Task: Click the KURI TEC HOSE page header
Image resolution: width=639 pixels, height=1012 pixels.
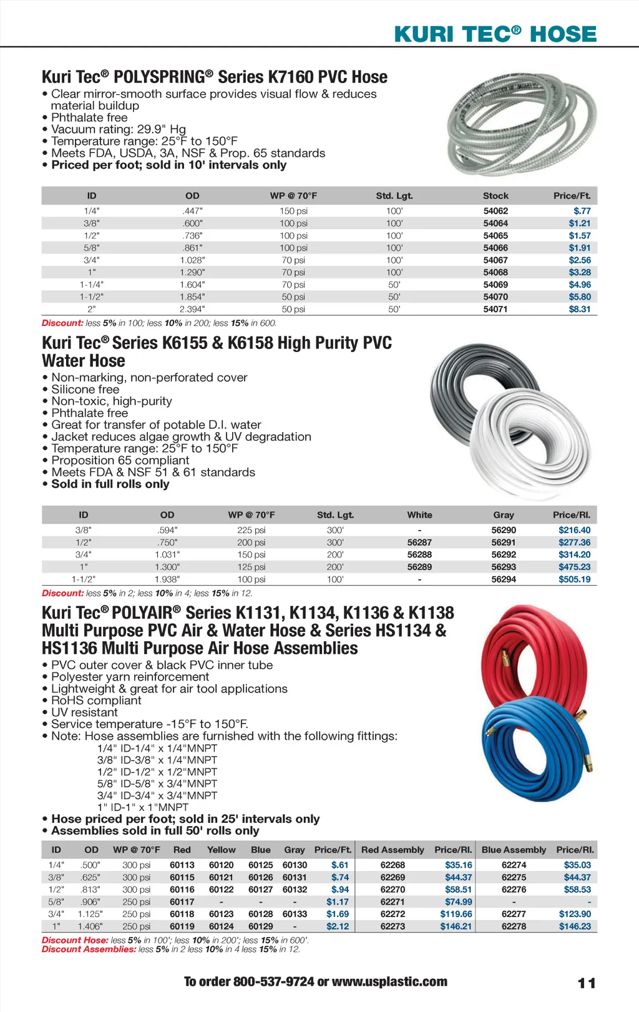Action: [x=495, y=34]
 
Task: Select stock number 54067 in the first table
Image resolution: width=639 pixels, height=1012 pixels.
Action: [x=495, y=260]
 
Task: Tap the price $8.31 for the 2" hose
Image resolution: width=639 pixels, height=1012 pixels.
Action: [x=579, y=309]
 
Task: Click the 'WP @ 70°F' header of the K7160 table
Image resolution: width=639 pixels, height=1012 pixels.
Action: [x=293, y=195]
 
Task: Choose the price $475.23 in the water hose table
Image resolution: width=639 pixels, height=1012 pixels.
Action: [x=574, y=567]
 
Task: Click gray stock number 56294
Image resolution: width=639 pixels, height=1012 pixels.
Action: [x=504, y=579]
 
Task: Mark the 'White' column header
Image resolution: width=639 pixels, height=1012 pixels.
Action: [x=419, y=515]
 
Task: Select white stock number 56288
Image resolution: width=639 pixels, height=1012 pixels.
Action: [x=419, y=554]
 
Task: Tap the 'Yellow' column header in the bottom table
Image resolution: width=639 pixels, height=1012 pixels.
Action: [x=222, y=850]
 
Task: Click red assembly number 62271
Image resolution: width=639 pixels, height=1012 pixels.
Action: [x=393, y=901]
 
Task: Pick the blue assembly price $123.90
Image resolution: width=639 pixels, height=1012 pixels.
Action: [x=574, y=914]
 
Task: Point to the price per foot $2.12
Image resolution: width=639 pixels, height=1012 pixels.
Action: [x=338, y=926]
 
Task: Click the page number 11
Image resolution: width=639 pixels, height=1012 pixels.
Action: [x=587, y=983]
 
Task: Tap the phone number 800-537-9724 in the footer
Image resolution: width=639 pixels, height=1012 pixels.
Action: [x=273, y=981]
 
